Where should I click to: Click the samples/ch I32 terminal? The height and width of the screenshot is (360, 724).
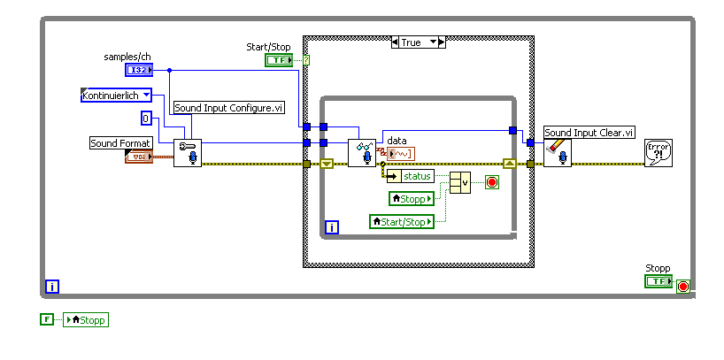click(x=138, y=69)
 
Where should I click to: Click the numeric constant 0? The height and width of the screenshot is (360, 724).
click(x=147, y=119)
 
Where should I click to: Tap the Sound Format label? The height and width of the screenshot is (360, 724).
click(x=121, y=142)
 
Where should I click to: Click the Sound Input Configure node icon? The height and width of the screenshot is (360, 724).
click(x=187, y=152)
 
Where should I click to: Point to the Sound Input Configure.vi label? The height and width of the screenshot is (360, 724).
click(x=228, y=108)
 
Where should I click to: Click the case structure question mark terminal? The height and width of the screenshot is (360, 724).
click(x=306, y=60)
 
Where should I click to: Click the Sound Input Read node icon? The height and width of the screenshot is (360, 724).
click(x=361, y=153)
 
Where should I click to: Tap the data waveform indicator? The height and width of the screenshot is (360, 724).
click(x=400, y=154)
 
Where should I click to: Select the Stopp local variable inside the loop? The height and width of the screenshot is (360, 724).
click(x=412, y=198)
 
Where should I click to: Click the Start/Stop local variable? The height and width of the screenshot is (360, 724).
click(x=402, y=221)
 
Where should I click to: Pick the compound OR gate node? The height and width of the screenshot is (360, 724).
click(x=460, y=183)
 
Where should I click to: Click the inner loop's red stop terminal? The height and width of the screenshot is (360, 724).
click(x=492, y=183)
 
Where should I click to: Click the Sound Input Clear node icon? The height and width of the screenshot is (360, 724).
click(x=558, y=152)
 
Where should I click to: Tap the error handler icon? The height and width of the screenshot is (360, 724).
click(x=658, y=152)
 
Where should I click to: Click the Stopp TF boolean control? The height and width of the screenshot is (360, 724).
click(x=659, y=280)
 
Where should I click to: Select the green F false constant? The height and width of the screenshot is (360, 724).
click(x=47, y=319)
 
